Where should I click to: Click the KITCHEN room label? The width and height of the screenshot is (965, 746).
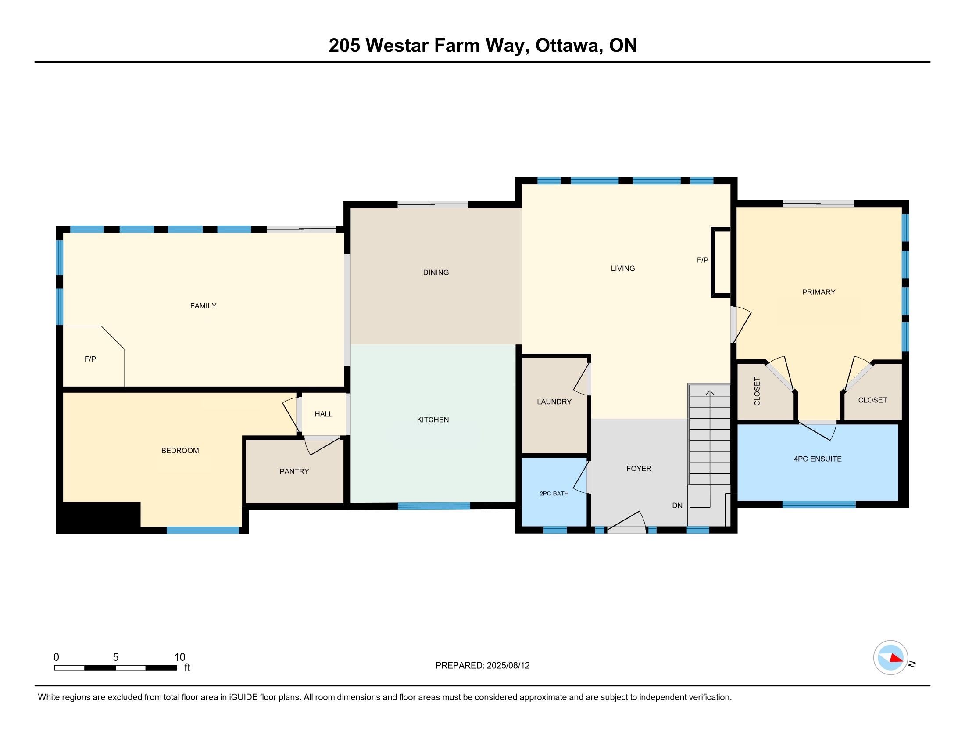432,420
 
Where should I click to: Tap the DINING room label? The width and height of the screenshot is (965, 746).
436,272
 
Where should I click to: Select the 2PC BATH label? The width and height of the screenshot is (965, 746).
554,493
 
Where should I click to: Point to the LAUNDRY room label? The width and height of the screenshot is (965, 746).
554,401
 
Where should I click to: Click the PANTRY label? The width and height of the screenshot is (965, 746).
294,471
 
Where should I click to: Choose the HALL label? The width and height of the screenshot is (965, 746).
323,414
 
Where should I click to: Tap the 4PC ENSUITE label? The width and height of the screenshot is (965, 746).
818,459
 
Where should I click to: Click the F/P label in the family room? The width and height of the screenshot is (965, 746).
90,359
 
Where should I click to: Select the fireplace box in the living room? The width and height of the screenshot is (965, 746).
721,262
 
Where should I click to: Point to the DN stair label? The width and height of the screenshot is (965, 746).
677,505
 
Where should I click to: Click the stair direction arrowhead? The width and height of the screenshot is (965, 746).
710,392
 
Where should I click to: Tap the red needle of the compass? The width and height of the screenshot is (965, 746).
896,658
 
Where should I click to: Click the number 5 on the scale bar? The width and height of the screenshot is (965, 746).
116,657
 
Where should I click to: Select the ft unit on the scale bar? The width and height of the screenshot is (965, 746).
187,667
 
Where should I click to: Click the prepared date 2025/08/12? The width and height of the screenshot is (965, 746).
508,665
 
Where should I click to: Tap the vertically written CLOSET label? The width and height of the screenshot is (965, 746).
757,391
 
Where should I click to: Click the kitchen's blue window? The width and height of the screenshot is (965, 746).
434,506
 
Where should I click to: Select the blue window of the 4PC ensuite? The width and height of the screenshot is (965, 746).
819,504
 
